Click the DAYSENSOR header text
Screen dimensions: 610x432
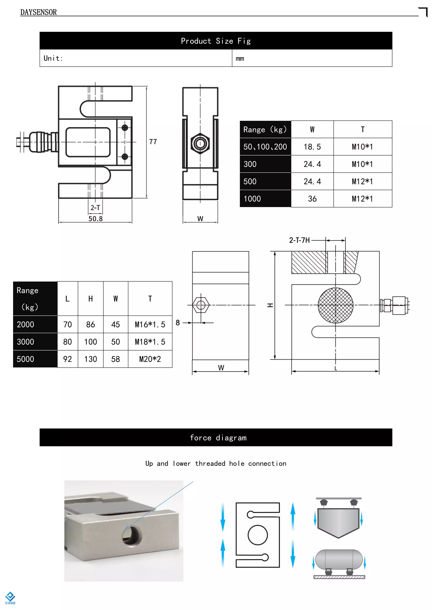[x=38, y=12]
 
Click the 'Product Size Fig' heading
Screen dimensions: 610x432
[x=216, y=41]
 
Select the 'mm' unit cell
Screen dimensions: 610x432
[x=240, y=58]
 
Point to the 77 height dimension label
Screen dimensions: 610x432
[x=153, y=142]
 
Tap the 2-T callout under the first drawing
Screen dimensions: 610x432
[x=95, y=208]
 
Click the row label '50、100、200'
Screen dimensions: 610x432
[x=265, y=147]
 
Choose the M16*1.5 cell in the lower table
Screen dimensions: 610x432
[x=150, y=324]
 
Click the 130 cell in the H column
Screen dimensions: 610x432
[x=90, y=359]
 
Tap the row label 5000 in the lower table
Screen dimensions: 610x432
[x=26, y=359]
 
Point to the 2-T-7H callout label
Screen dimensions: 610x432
[x=299, y=240]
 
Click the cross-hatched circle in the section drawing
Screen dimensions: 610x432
[x=335, y=305]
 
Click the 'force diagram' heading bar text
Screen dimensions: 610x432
[x=218, y=437]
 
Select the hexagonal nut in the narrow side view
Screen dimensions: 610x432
[x=200, y=143]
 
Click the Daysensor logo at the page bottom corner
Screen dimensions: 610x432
[x=10, y=598]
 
